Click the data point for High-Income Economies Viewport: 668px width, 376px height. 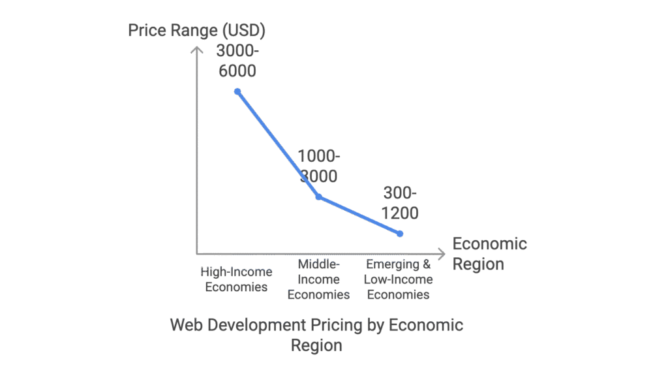pyautogui.click(x=237, y=91)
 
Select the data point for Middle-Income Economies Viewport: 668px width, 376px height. pyautogui.click(x=318, y=196)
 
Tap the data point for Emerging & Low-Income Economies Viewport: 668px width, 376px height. pyautogui.click(x=400, y=233)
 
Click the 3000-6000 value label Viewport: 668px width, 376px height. pyautogui.click(x=236, y=61)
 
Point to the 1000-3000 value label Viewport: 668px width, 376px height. pyautogui.click(x=318, y=166)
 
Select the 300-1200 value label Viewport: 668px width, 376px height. pyautogui.click(x=400, y=203)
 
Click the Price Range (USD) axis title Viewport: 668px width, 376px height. pyautogui.click(x=196, y=31)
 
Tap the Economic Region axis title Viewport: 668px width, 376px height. pyautogui.click(x=489, y=254)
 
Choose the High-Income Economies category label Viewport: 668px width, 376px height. pyautogui.click(x=236, y=279)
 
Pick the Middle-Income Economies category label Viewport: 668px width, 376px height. pyautogui.click(x=318, y=279)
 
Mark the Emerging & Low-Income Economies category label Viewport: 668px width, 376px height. pyautogui.click(x=399, y=279)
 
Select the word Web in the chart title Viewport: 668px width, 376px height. pyautogui.click(x=185, y=325)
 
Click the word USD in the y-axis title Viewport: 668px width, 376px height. pyautogui.click(x=245, y=31)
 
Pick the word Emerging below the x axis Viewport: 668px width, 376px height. pyautogui.click(x=390, y=265)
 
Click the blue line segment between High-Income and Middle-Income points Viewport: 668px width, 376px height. pyautogui.click(x=278, y=144)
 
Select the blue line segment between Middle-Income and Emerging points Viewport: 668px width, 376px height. pyautogui.click(x=359, y=215)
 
